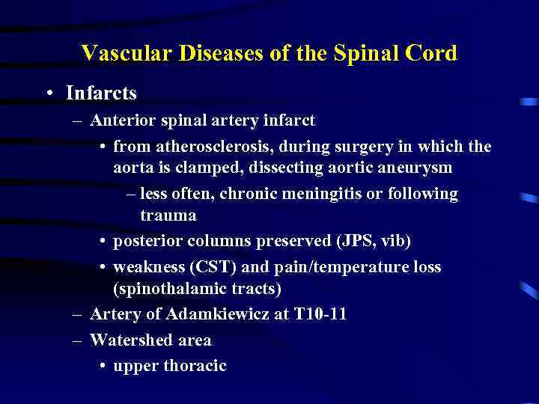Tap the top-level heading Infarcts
101,94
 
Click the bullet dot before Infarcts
49,94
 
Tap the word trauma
168,216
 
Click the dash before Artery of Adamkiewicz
76,315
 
